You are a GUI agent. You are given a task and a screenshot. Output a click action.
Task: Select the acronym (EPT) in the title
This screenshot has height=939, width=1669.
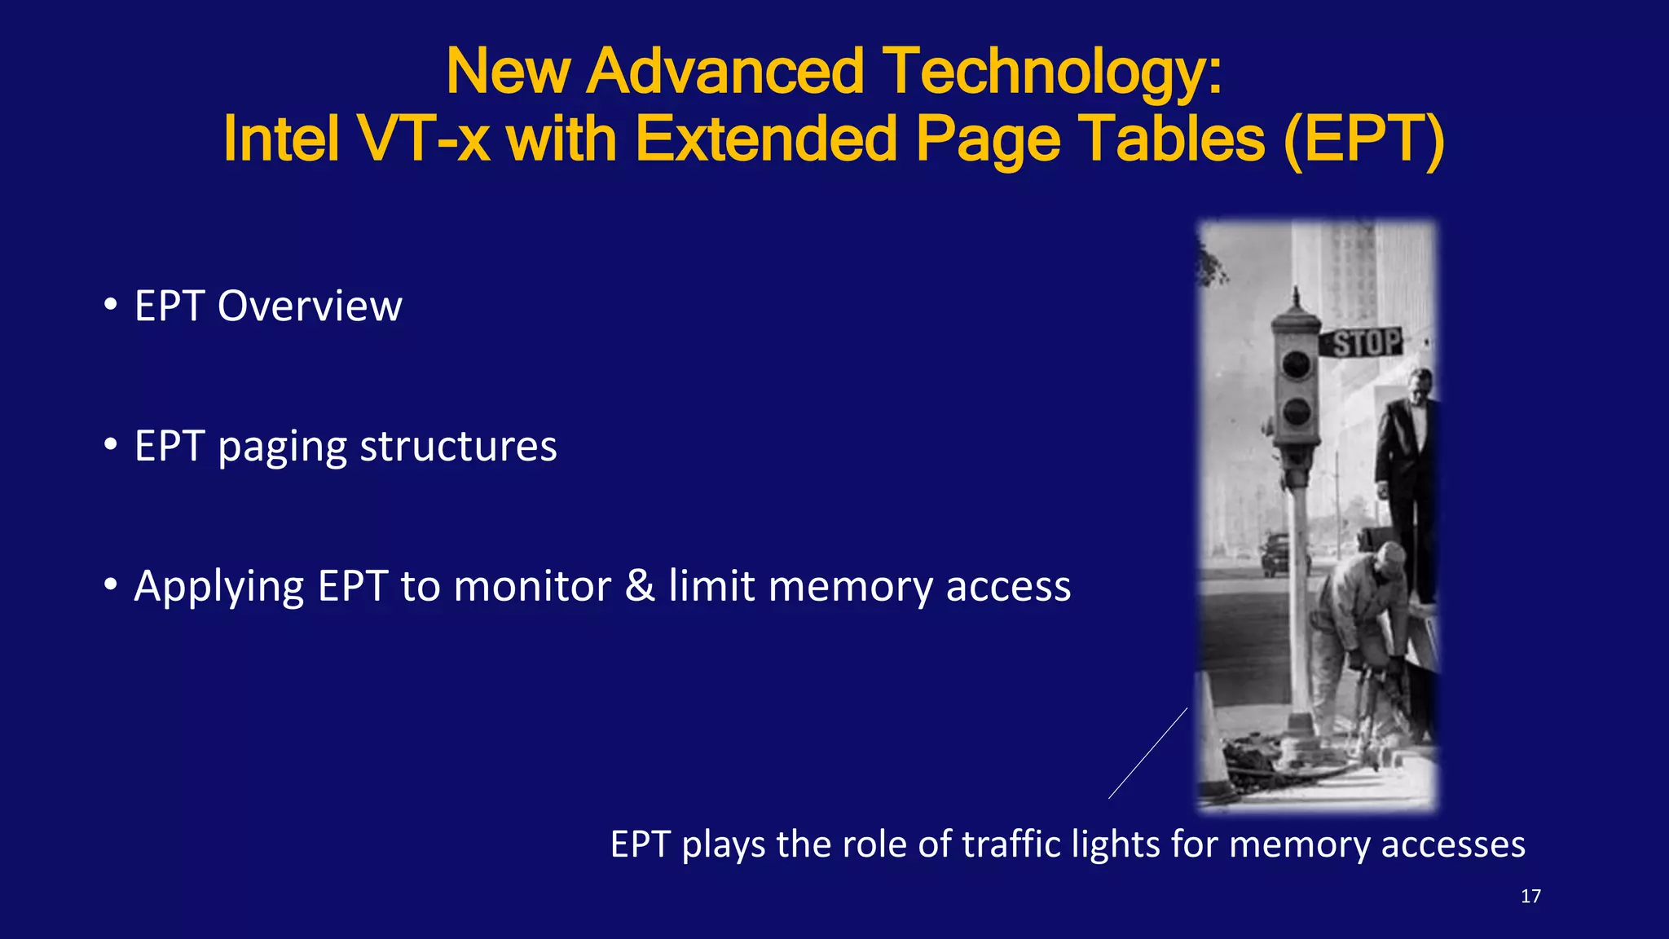coord(1363,139)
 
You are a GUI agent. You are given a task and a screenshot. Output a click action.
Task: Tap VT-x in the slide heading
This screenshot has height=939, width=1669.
coord(423,139)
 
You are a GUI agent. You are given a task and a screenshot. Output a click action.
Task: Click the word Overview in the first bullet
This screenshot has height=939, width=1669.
coord(310,306)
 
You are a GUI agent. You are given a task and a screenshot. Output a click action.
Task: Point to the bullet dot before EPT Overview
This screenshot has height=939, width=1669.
coord(111,306)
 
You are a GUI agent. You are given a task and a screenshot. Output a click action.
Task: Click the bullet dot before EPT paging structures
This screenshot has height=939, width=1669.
coord(111,446)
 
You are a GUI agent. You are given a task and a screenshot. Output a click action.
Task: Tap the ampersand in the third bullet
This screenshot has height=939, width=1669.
coord(640,586)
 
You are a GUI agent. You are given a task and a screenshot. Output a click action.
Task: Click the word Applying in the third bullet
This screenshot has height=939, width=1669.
coord(219,588)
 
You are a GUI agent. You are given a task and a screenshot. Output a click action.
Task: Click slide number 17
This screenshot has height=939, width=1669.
coord(1530,897)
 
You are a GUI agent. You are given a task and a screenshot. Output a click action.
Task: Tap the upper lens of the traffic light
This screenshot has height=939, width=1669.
coord(1296,364)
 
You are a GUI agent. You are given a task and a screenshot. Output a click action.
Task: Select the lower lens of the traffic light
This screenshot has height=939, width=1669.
coord(1296,412)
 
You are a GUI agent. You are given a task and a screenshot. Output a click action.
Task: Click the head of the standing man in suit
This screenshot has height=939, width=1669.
coord(1420,383)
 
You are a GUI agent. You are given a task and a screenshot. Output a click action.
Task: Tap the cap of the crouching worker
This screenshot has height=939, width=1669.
coord(1390,554)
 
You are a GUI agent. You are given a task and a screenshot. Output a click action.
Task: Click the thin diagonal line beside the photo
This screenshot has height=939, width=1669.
coord(1147,753)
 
